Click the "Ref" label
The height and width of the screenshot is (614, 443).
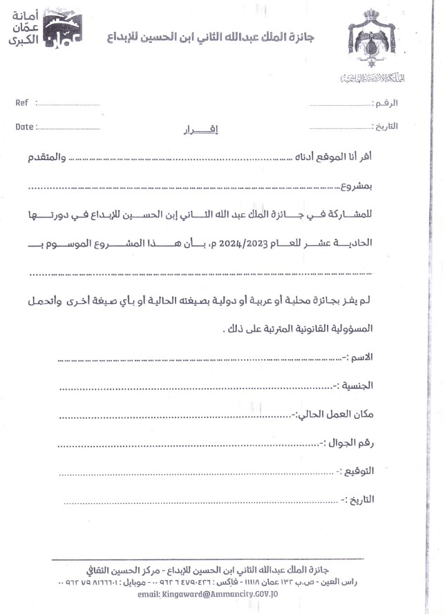click(x=21, y=102)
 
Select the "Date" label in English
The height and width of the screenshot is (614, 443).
click(x=24, y=127)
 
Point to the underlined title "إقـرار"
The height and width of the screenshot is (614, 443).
click(x=188, y=129)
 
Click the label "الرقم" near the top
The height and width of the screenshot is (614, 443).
click(x=385, y=103)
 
